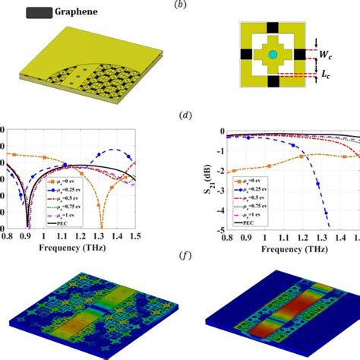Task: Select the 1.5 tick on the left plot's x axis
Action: click(135, 237)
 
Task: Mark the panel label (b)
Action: click(179, 5)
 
